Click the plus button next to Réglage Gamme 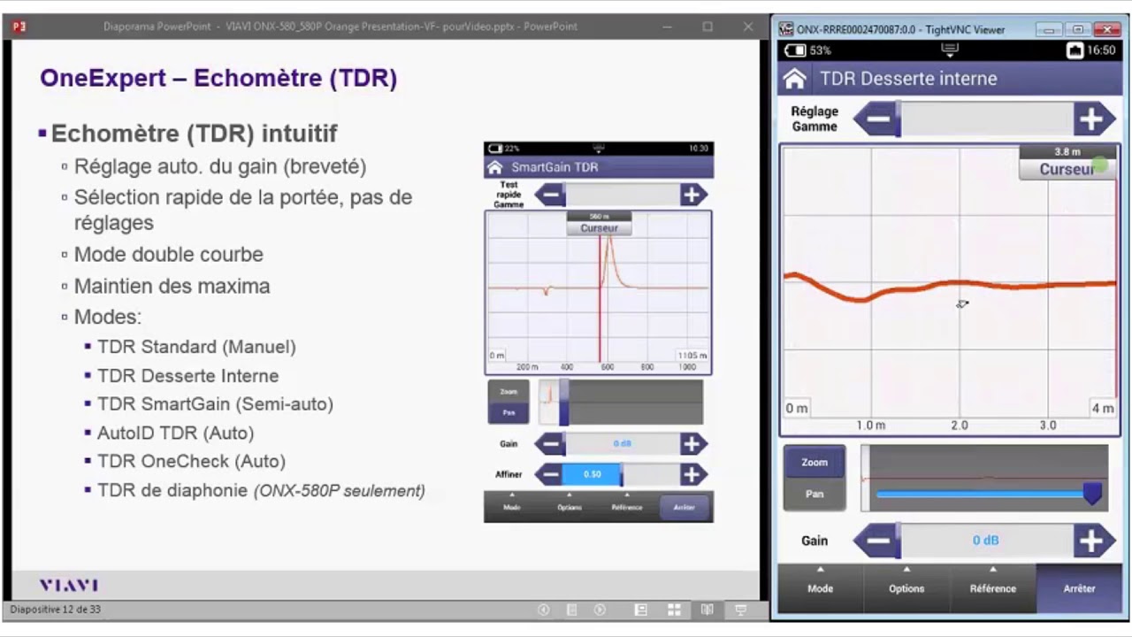point(1093,119)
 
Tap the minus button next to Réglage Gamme point(878,119)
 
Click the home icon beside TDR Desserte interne point(795,79)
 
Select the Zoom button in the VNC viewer point(815,462)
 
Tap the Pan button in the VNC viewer point(815,494)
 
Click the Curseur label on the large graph point(1067,169)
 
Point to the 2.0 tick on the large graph point(959,426)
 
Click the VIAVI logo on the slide point(69,586)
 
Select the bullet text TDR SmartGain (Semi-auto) point(215,404)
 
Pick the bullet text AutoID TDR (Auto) point(175,433)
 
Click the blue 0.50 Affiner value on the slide point(592,474)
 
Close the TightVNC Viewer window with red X point(1106,29)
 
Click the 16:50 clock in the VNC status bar point(1101,50)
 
